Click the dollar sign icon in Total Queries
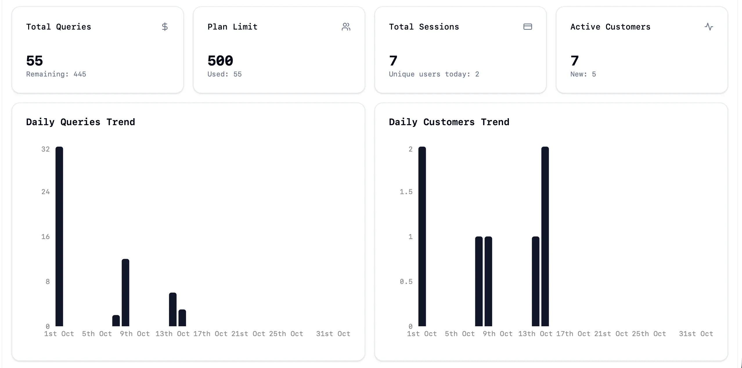[x=165, y=27]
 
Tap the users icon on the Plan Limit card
[x=346, y=27]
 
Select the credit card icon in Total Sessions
[x=527, y=27]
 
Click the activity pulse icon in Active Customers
[x=709, y=27]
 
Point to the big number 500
[x=220, y=61]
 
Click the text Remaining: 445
[x=56, y=74]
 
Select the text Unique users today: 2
[x=434, y=74]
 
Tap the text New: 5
[x=583, y=74]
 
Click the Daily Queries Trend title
[x=80, y=122]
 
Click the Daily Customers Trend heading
[x=449, y=122]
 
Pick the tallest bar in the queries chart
[x=59, y=236]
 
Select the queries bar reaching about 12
[x=125, y=293]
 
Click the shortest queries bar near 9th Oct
[x=116, y=321]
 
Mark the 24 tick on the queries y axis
[x=46, y=192]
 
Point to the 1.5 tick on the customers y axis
[x=406, y=192]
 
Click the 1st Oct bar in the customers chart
[x=422, y=236]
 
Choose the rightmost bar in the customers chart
[x=545, y=236]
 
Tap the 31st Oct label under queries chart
[x=333, y=334]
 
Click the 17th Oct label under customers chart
[x=573, y=334]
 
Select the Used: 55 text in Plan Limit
[x=224, y=74]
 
